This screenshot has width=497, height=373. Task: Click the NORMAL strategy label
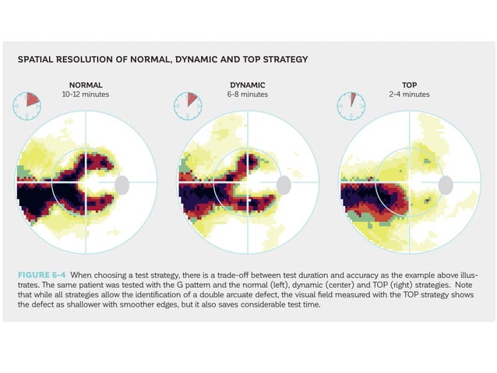86,84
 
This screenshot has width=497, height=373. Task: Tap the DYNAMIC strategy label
248,84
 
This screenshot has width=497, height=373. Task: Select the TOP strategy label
409,84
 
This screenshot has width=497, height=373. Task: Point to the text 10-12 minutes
86,94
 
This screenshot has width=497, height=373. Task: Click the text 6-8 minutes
248,94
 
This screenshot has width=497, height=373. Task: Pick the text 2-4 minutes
409,94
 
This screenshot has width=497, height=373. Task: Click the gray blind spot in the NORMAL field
122,184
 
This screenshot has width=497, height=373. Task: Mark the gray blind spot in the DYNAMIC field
284,184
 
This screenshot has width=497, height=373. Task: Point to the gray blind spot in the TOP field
446,184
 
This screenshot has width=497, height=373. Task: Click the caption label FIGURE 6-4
44,275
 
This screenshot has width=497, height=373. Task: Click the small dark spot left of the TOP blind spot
426,201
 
